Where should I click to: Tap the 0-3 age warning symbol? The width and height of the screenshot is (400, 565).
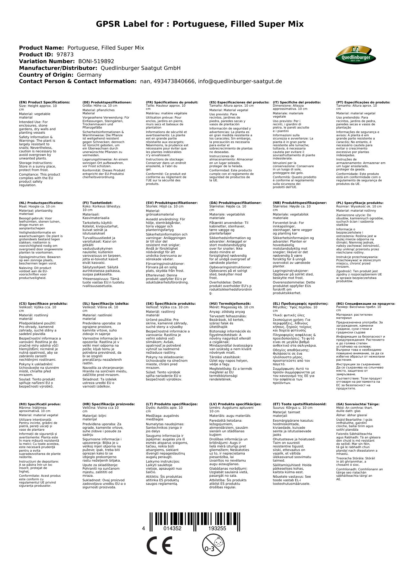tap(213, 545)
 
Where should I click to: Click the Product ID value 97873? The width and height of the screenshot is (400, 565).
tap(65, 54)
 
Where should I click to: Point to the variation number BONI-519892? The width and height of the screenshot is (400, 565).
tap(96, 61)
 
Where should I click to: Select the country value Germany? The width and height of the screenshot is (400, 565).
tap(89, 75)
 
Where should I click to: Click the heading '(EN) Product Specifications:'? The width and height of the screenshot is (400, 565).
tap(44, 102)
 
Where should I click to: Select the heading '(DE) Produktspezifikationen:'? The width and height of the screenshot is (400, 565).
tap(107, 102)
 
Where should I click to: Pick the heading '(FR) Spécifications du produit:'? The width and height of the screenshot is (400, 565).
tap(172, 102)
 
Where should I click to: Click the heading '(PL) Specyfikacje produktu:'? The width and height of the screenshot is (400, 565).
tap(360, 203)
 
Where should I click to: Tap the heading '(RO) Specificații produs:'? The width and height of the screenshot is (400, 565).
tap(40, 404)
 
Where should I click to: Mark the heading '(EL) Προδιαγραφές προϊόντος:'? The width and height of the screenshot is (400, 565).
tap(300, 303)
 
